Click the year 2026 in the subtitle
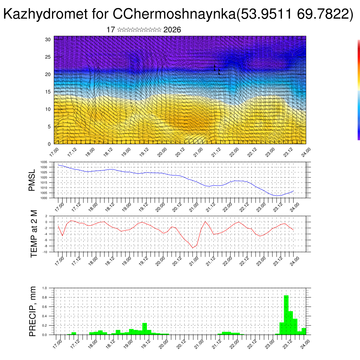pos(172,30)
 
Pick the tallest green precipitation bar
pos(286,315)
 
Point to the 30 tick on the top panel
pos(48,39)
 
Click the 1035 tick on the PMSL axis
pos(44,162)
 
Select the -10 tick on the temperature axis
pos(45,252)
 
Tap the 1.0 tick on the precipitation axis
pos(45,288)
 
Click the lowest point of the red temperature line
pos(193,248)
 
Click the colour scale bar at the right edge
pos(358,90)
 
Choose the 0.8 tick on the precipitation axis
pos(45,297)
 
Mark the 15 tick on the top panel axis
pos(48,92)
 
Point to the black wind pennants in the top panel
pos(217,70)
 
